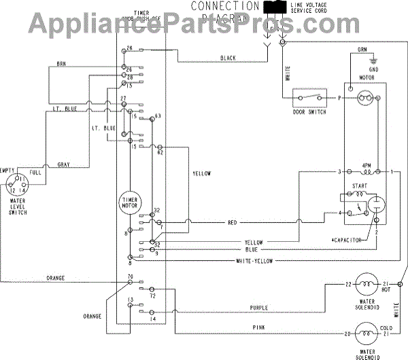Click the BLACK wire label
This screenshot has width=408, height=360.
point(227,58)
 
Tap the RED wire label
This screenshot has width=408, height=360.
point(232,222)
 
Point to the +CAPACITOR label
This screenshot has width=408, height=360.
point(345,240)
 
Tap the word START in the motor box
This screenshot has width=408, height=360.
point(360,185)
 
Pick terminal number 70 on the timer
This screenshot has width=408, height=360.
point(129,278)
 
